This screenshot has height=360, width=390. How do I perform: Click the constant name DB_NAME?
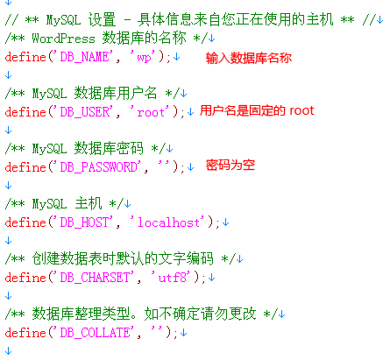pos(85,57)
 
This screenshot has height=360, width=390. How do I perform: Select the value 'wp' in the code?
pos(144,57)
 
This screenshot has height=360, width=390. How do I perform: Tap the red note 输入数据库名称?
pos(249,58)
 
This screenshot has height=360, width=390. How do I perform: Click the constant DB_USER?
pos(85,112)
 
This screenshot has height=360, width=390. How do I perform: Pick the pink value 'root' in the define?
pos(151,112)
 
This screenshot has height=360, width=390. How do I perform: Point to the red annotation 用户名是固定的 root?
pos(257,110)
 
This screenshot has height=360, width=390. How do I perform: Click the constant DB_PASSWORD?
pos(99,167)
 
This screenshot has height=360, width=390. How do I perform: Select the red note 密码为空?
pos(230,165)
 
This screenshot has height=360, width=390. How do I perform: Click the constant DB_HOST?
pos(85,222)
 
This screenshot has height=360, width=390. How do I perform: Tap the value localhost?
pos(168,222)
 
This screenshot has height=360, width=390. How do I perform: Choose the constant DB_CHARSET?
pos(95,278)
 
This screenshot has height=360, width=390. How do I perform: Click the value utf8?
pos(172,278)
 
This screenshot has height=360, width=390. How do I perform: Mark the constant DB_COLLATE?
pos(95,333)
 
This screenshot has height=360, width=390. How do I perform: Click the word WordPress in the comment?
pos(63,39)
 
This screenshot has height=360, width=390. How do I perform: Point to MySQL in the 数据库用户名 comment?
pos(49,94)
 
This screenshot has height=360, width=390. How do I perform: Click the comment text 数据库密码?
pos(109,148)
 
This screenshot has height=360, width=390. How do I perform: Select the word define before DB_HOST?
pos(25,222)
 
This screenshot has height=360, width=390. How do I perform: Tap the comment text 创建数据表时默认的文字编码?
pos(123,258)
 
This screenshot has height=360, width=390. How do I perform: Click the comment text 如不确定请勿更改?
pos(200,314)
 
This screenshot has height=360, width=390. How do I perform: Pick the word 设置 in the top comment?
pos(102,19)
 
